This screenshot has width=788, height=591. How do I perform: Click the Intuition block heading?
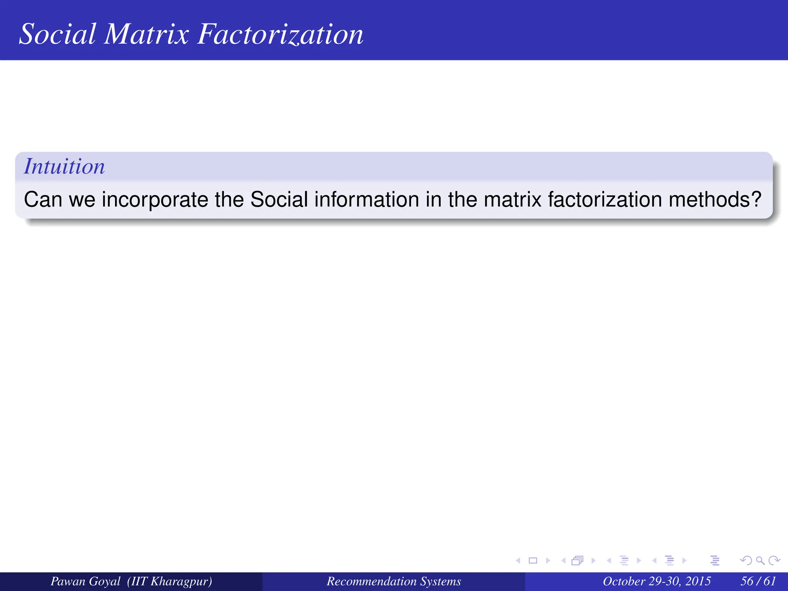tap(64, 166)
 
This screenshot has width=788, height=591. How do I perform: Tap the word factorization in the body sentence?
tap(605, 199)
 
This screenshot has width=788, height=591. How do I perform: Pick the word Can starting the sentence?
tap(43, 199)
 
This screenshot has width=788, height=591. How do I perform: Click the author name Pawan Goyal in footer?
tap(85, 581)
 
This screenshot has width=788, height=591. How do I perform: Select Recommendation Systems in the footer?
tap(394, 581)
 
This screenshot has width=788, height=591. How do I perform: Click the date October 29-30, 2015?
tap(656, 581)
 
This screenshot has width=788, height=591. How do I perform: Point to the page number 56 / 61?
tap(758, 581)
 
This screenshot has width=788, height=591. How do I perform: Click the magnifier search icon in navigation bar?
tap(760, 561)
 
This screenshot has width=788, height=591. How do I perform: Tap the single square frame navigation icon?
tap(533, 561)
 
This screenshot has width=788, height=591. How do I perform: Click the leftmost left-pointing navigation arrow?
tap(518, 561)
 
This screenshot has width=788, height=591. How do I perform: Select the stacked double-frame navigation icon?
tap(578, 561)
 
